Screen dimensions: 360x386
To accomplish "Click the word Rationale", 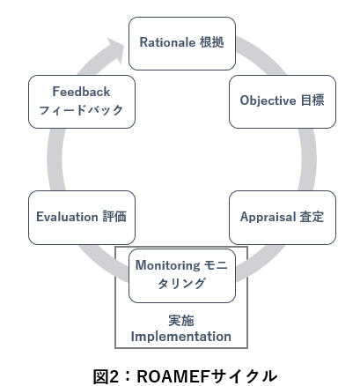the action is click(x=167, y=42).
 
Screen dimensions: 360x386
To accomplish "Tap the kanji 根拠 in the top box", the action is click(x=212, y=42).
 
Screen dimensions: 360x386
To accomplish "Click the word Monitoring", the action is click(x=168, y=265).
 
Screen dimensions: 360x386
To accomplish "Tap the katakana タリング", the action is click(x=181, y=284).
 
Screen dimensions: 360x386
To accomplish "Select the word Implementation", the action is click(x=181, y=337).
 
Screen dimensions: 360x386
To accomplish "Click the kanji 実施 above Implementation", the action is click(x=181, y=321).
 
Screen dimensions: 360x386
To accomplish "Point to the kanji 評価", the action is click(x=114, y=217).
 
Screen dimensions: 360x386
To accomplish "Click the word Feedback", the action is click(x=81, y=92).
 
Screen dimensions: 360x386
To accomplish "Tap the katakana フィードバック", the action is click(x=81, y=110).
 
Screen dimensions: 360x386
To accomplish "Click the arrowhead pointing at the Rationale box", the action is click(x=116, y=50).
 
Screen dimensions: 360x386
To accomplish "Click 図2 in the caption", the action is click(x=108, y=376).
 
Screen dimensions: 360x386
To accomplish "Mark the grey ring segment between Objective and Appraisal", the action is click(x=309, y=160).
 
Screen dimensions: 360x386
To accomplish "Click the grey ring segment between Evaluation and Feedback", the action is click(x=55, y=160).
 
